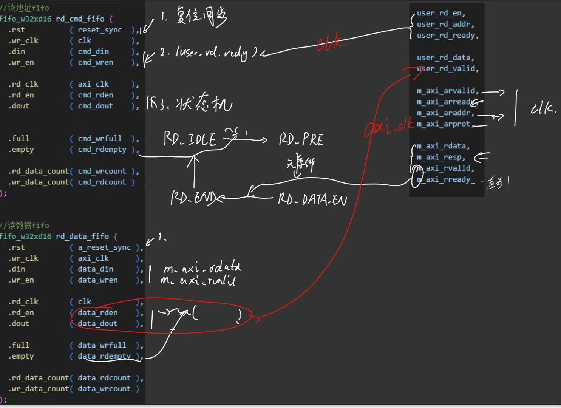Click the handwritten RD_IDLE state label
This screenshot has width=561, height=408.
pyautogui.click(x=190, y=139)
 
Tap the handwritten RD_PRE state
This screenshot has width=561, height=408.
pyautogui.click(x=301, y=140)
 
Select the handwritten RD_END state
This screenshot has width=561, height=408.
pyautogui.click(x=193, y=198)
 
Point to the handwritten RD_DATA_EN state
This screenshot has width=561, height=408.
pyautogui.click(x=312, y=199)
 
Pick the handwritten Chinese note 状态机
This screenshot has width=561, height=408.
pyautogui.click(x=204, y=103)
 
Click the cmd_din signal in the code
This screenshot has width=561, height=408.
pyautogui.click(x=93, y=51)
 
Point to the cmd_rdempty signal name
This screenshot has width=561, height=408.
pyautogui.click(x=102, y=150)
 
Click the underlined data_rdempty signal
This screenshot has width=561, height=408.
pyautogui.click(x=104, y=356)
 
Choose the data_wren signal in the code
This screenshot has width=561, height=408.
pyautogui.click(x=97, y=280)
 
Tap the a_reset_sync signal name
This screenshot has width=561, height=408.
pyautogui.click(x=104, y=247)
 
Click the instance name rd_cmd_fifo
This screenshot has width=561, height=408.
pyautogui.click(x=80, y=19)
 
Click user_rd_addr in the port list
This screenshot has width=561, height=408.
pyautogui.click(x=445, y=24)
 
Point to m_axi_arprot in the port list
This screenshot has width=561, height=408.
pyautogui.click(x=444, y=124)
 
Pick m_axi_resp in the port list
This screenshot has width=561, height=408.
pyautogui.click(x=440, y=157)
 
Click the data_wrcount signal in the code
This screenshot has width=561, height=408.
pyautogui.click(x=104, y=389)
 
